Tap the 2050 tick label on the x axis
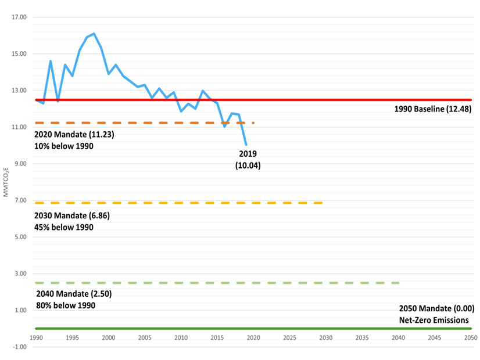coord(471,337)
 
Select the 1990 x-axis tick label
coord(36,337)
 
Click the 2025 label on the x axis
coord(289,337)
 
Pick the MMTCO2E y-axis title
coord(6,181)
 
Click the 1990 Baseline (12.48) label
coord(432,109)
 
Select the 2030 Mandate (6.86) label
coord(73,215)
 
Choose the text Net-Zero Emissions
coord(434,320)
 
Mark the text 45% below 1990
coord(65,227)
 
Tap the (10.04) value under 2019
coord(248,165)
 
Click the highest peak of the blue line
coord(94,34)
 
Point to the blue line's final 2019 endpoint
coord(246,145)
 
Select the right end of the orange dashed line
coord(254,123)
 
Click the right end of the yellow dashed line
coord(321,203)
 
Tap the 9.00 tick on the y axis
coord(20,164)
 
